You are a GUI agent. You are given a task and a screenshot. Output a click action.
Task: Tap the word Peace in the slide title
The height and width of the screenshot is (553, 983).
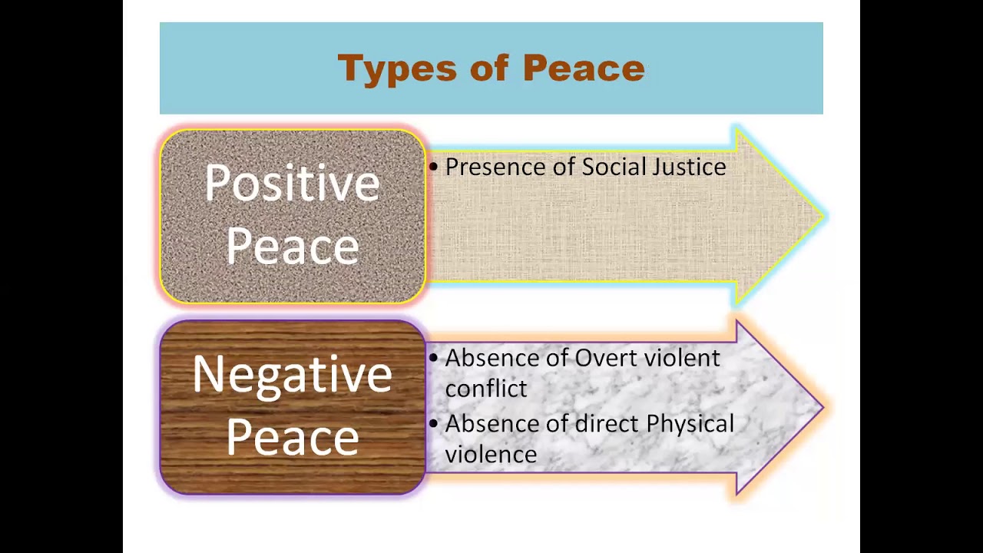pos(584,68)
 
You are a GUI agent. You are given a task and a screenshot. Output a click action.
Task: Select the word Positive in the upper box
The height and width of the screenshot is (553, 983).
pos(293,184)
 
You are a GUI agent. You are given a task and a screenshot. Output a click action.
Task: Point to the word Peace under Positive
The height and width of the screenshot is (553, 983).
pos(293,247)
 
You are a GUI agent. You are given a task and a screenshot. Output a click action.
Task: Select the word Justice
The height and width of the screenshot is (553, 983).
pos(689,167)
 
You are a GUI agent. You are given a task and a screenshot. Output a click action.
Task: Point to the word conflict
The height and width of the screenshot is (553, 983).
pos(486,389)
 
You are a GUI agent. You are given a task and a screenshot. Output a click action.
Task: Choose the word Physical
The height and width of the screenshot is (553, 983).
pos(690,424)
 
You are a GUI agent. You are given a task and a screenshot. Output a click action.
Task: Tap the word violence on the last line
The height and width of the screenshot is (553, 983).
pos(491,455)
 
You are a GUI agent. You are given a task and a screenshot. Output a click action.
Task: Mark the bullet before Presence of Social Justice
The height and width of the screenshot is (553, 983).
pos(434,167)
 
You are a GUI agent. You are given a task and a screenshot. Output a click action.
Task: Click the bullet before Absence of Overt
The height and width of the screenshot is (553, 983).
pos(434,359)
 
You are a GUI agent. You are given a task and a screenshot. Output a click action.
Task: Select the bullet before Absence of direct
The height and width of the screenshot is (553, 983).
pos(434,424)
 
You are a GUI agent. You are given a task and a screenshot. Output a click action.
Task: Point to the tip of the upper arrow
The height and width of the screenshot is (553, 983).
pos(822,217)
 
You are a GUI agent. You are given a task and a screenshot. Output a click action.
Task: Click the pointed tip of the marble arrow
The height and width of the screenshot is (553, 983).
pos(822,408)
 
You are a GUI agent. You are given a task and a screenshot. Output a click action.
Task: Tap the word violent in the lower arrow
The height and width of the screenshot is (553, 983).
pos(682,358)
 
